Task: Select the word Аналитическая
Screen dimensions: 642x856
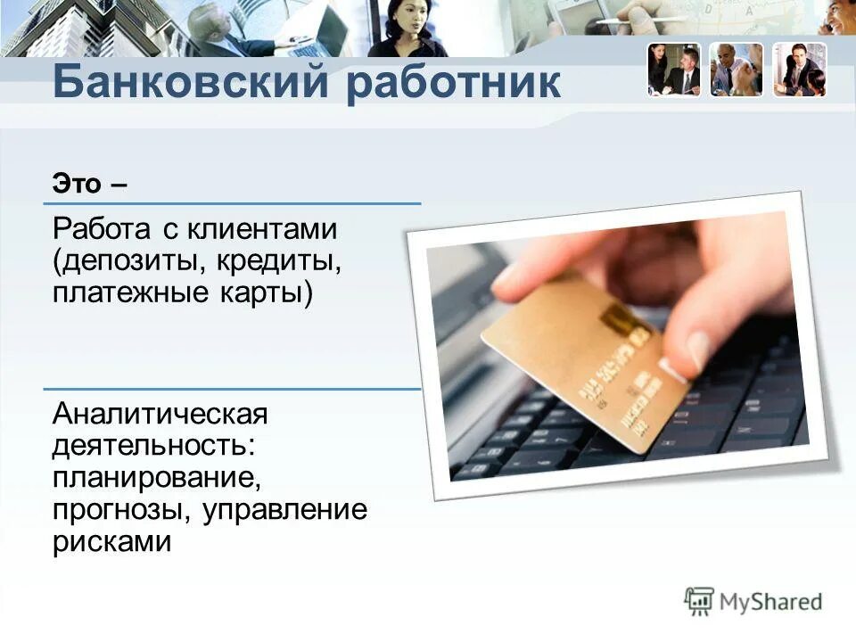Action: pos(160,415)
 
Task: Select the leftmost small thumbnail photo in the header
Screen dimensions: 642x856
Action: pos(674,70)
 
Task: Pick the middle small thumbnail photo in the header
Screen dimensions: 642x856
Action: pos(737,70)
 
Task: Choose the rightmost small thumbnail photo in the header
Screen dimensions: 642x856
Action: pos(799,70)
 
